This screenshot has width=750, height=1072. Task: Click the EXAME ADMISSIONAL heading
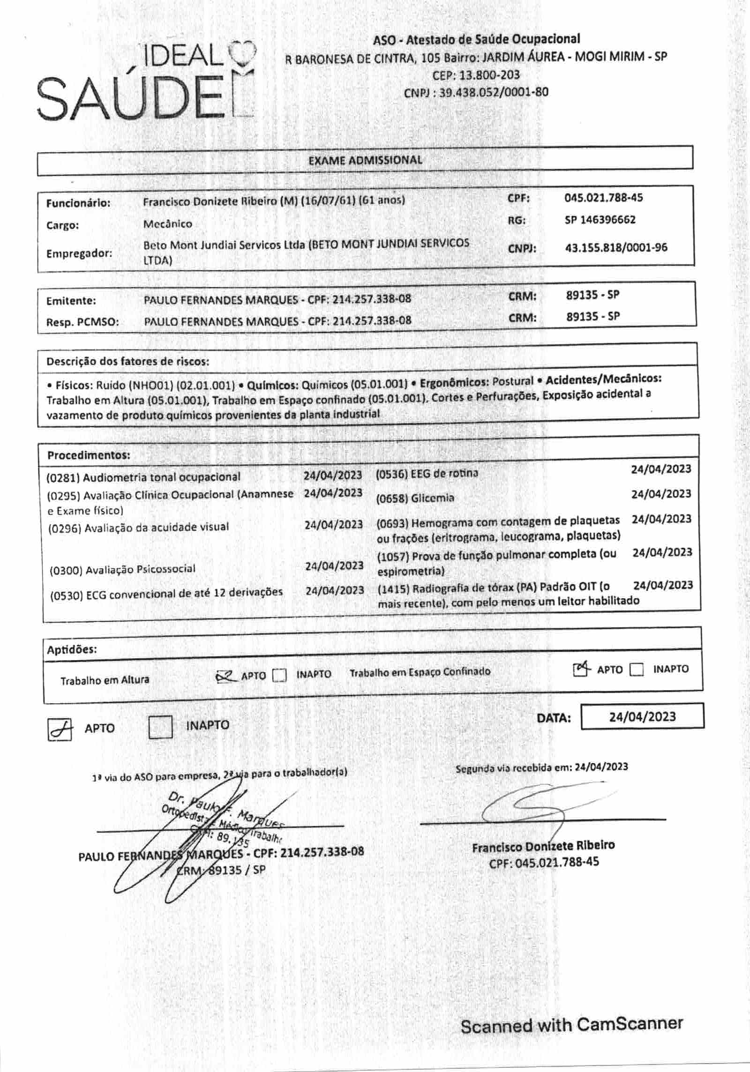click(365, 160)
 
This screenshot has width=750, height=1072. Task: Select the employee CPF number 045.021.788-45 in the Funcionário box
click(603, 198)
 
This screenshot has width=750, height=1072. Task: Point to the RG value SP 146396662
click(600, 220)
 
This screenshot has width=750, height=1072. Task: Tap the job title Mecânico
click(167, 224)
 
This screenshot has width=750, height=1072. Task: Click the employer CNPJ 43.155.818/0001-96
click(616, 247)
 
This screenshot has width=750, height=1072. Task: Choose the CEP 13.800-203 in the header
click(476, 75)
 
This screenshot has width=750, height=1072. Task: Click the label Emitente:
click(71, 301)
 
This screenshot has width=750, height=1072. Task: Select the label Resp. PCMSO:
click(82, 322)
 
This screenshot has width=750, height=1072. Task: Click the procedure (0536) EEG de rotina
click(427, 474)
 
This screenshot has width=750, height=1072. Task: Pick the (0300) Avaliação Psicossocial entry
click(122, 569)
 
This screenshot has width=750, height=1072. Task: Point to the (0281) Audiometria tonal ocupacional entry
click(143, 477)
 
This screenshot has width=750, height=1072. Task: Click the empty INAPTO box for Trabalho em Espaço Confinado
click(636, 670)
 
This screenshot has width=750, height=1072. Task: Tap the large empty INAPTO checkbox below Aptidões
click(160, 727)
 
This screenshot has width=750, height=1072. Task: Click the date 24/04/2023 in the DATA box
click(642, 717)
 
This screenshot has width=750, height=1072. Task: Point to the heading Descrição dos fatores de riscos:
click(127, 361)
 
